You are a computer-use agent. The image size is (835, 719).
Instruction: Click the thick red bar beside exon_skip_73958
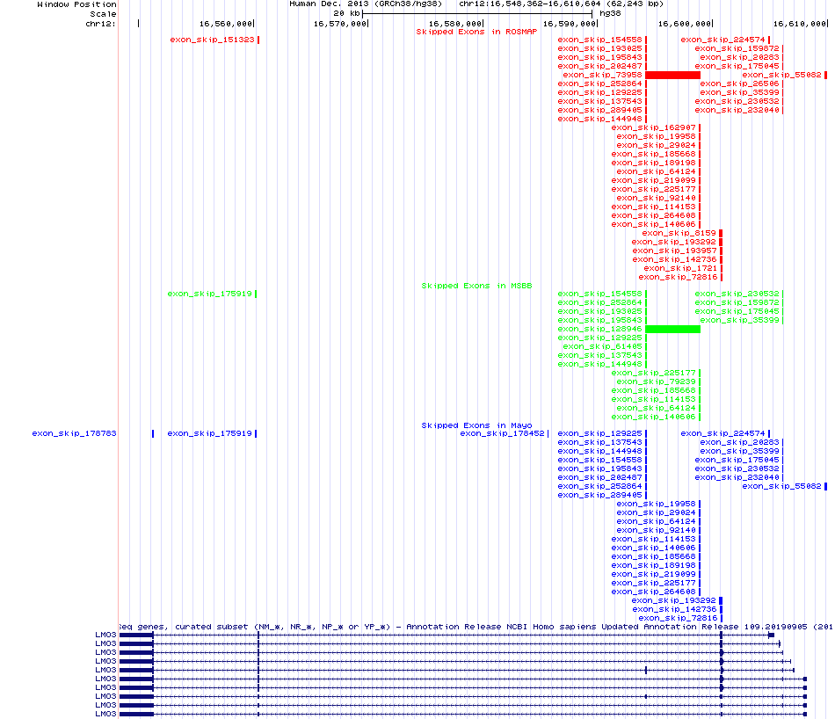pyautogui.click(x=673, y=75)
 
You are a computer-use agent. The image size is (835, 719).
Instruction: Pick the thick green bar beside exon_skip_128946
pyautogui.click(x=673, y=329)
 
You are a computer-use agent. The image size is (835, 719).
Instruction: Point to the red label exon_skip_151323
pyautogui.click(x=212, y=40)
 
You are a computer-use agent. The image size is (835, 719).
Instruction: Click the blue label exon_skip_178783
pyautogui.click(x=75, y=433)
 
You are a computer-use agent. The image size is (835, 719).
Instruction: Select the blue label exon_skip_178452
pyautogui.click(x=503, y=433)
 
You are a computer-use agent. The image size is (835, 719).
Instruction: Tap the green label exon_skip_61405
pyautogui.click(x=603, y=346)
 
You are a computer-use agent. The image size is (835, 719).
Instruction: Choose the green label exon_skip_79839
pyautogui.click(x=656, y=381)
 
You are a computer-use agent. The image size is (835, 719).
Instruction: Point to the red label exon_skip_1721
pyautogui.click(x=669, y=268)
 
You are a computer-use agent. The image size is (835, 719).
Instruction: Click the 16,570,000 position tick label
pyautogui.click(x=340, y=23)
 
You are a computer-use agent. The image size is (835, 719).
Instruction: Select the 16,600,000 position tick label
pyautogui.click(x=685, y=23)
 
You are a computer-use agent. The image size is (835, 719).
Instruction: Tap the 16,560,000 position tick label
pyautogui.click(x=226, y=23)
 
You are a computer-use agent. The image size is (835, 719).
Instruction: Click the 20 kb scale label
pyautogui.click(x=345, y=13)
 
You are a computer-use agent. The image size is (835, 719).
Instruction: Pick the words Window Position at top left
pyautogui.click(x=76, y=4)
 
